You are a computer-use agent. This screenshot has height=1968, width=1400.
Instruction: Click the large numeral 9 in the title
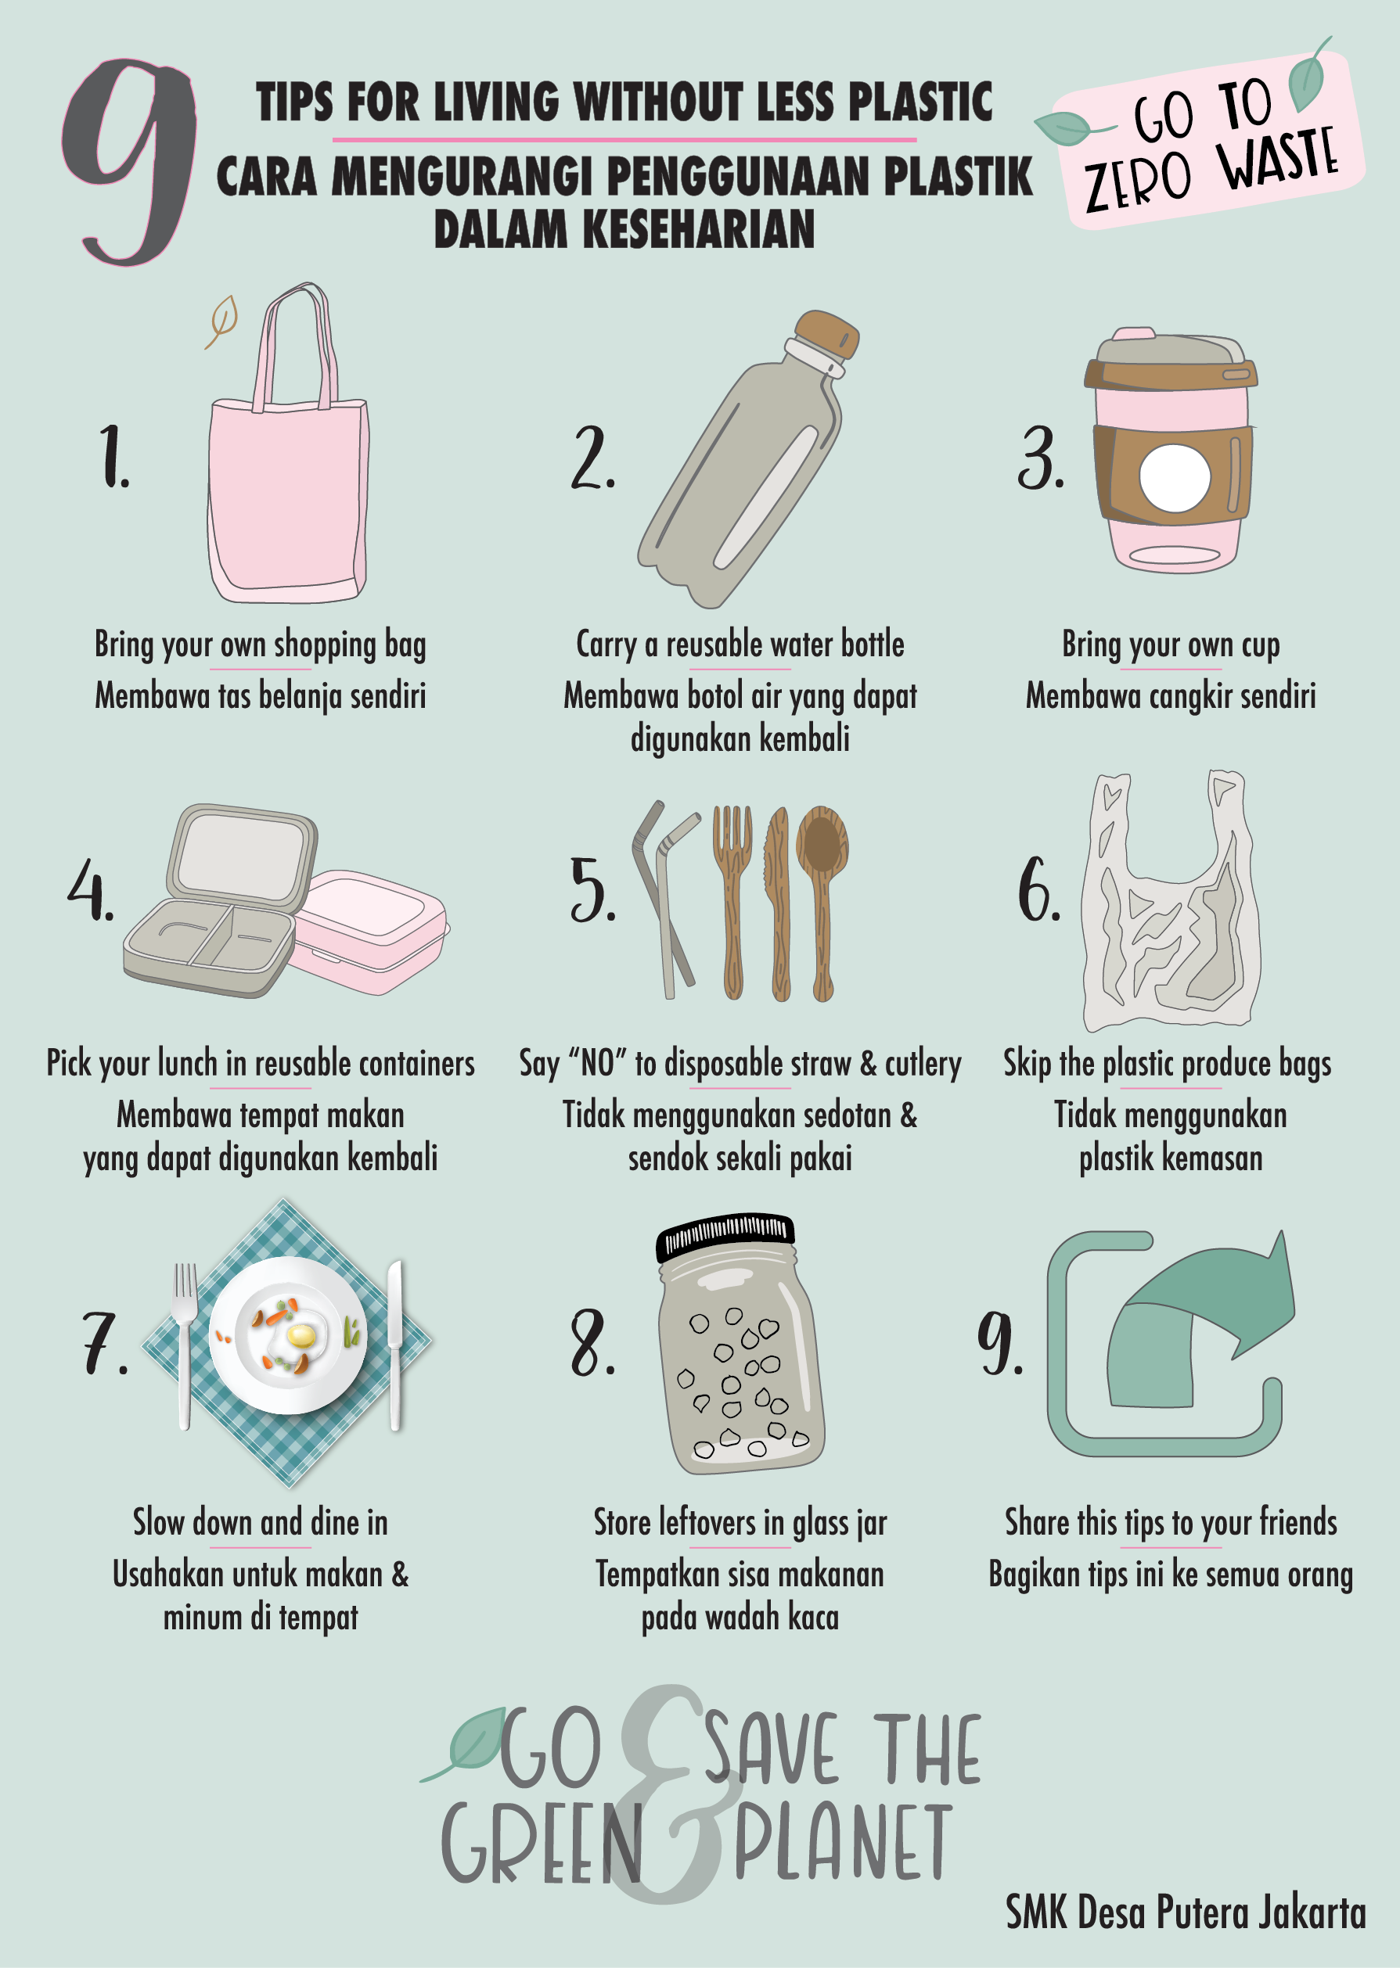click(129, 160)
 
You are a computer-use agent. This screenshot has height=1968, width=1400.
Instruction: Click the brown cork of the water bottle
click(826, 334)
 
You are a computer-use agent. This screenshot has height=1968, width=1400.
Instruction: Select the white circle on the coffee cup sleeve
click(1174, 478)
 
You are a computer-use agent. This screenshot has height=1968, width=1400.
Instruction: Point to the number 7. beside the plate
click(104, 1344)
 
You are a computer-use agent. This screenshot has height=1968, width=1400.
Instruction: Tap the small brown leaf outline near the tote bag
click(222, 321)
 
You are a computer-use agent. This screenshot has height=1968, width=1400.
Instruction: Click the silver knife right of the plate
click(395, 1345)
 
